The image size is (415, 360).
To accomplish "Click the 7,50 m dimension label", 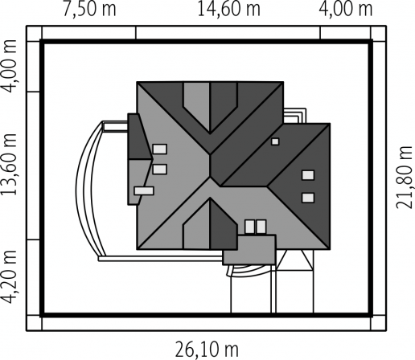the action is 89,10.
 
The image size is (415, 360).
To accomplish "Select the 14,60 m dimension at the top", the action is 228,10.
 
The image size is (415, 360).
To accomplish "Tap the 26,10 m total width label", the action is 207,350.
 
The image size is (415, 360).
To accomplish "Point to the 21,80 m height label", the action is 404,178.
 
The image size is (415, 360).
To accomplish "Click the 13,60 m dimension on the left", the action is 9,163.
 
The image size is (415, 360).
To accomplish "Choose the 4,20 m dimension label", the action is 9,277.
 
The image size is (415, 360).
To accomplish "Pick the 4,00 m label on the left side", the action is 9,66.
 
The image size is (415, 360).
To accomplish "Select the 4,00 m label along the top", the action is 346,10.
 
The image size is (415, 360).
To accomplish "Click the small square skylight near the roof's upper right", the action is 275,141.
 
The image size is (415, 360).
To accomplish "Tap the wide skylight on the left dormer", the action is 144,190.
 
